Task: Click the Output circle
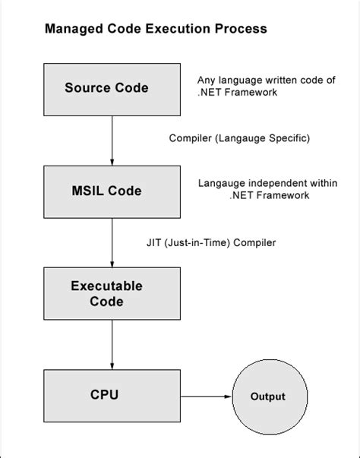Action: click(x=268, y=396)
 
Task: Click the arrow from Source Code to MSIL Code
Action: click(x=112, y=139)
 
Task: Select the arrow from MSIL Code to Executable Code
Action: click(x=112, y=241)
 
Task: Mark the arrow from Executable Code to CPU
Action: click(x=112, y=344)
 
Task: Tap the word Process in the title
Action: click(x=242, y=30)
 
